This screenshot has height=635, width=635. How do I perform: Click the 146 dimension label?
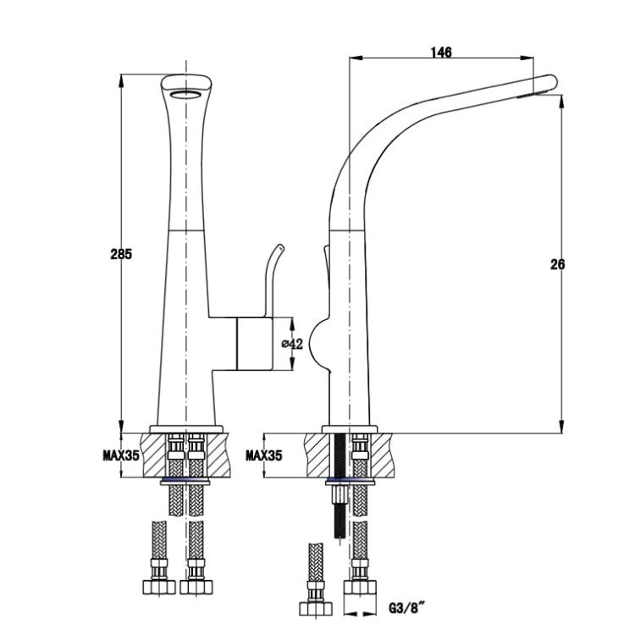pyautogui.click(x=441, y=52)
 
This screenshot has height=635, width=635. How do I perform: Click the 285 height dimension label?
pyautogui.click(x=121, y=254)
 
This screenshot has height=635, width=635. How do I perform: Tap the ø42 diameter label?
pyautogui.click(x=292, y=344)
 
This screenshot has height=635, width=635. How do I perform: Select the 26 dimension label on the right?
pyautogui.click(x=557, y=264)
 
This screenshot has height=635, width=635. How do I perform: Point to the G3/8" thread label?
pyautogui.click(x=407, y=607)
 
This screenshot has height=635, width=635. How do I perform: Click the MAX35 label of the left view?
pyautogui.click(x=121, y=456)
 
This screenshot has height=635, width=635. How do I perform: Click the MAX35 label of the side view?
pyautogui.click(x=263, y=456)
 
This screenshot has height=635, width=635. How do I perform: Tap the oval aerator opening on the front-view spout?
pyautogui.click(x=185, y=95)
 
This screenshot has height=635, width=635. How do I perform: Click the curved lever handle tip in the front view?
pyautogui.click(x=279, y=246)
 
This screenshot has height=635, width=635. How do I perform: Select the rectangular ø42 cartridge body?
pyautogui.click(x=254, y=344)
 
